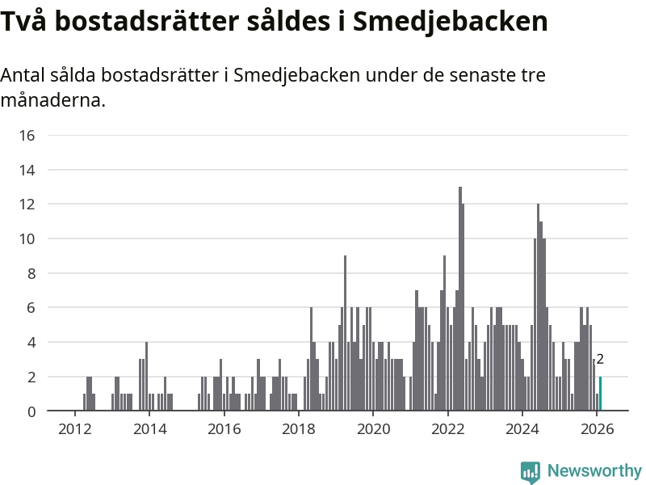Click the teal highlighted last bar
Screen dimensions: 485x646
tap(600, 394)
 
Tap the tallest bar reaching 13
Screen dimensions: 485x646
tap(459, 299)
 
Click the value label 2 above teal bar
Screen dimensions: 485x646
tap(600, 361)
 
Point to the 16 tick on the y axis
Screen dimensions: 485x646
tap(27, 135)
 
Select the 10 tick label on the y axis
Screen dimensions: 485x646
tap(27, 239)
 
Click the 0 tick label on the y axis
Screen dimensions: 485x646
tap(31, 411)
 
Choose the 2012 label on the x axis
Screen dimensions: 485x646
tap(74, 428)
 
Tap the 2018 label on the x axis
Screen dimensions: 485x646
tap(299, 428)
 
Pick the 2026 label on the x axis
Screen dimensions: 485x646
tap(597, 428)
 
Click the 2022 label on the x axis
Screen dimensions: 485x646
tap(447, 428)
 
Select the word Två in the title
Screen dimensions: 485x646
tap(22, 22)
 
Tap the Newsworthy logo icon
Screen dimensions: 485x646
tap(531, 471)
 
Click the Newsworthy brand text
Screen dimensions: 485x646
tap(594, 470)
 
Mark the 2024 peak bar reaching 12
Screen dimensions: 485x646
tap(538, 307)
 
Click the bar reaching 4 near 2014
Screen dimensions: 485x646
tap(146, 377)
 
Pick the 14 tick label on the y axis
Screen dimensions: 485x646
tap(27, 170)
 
